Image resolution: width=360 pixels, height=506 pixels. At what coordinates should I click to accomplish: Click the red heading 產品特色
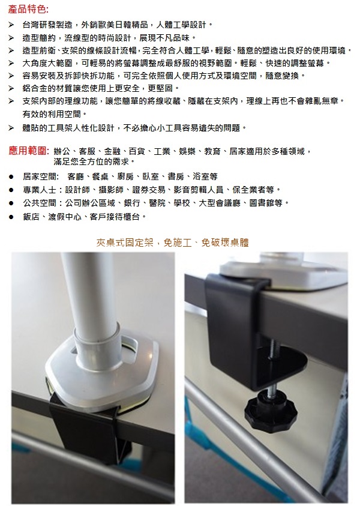click(27, 10)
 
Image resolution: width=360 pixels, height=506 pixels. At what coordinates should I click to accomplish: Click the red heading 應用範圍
click(28, 151)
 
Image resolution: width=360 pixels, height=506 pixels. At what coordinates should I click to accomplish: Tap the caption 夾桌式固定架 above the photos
click(125, 242)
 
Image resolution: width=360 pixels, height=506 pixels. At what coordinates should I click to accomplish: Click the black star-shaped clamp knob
click(271, 409)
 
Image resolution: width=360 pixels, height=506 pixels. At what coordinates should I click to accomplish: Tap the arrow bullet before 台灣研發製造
click(11, 25)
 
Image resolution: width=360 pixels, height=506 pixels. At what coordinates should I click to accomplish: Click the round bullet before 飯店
click(11, 217)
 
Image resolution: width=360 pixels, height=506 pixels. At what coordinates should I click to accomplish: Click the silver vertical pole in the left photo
click(86, 297)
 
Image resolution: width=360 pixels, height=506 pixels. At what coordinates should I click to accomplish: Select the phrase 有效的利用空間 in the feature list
click(52, 114)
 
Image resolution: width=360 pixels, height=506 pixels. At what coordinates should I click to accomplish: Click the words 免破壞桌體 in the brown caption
click(225, 242)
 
